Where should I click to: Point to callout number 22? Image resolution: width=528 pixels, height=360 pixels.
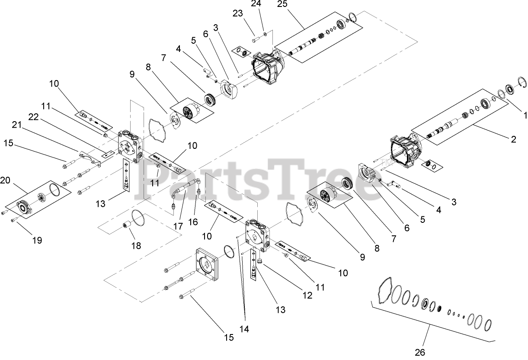coord(33,116)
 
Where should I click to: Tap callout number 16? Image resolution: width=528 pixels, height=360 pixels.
coord(192,222)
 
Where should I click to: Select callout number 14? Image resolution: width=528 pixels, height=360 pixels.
coord(244,329)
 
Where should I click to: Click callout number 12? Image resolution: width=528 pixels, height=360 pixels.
coord(307,295)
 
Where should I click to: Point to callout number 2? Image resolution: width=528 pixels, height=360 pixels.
coord(513,139)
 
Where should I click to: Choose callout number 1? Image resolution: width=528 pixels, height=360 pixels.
coord(525,116)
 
